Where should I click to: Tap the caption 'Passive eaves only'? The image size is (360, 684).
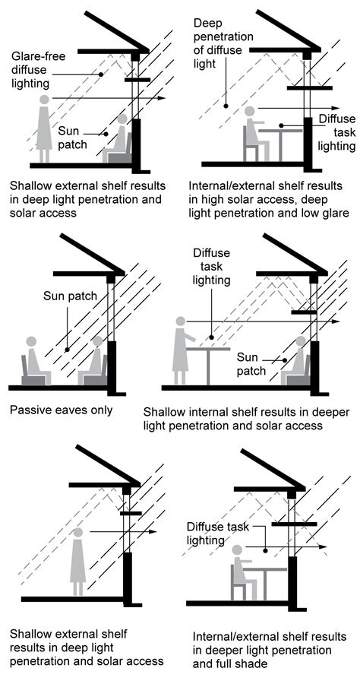tap(61, 410)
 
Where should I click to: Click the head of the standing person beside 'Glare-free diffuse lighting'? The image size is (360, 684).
tap(45, 99)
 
